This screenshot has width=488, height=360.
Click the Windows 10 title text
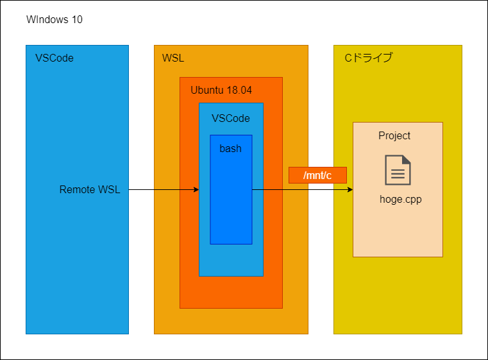point(55,20)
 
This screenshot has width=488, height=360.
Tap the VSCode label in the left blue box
point(55,58)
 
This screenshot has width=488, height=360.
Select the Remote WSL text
point(90,190)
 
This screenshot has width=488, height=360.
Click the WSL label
point(173,58)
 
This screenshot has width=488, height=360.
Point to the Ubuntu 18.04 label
point(221,90)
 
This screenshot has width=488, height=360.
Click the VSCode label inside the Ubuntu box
point(231,118)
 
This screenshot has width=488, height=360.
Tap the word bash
point(231,148)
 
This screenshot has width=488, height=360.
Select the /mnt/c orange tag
point(317,175)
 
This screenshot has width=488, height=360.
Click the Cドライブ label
point(369,58)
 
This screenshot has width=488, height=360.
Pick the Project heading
point(394,136)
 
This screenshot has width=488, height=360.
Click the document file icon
point(398,170)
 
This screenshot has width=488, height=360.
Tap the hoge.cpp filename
point(401,200)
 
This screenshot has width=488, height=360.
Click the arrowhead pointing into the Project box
point(350,190)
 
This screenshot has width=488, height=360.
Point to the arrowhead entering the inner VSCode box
point(196,190)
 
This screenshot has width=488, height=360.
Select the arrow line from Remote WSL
point(164,190)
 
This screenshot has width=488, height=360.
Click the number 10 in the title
point(77,20)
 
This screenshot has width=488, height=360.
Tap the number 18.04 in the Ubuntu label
point(239,90)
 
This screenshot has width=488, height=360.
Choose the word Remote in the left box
point(77,190)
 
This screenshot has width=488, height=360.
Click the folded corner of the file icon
point(406,159)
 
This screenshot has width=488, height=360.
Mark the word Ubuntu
point(207,90)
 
